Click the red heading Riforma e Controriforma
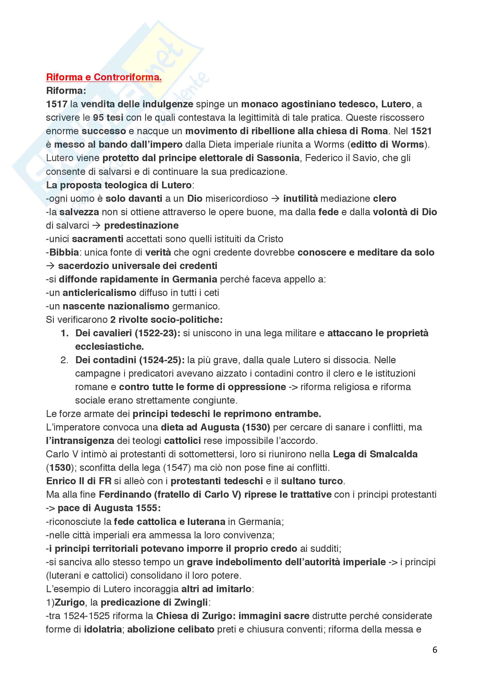click(x=104, y=77)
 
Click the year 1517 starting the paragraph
click(x=57, y=104)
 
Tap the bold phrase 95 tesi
click(x=108, y=118)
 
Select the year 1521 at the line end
click(x=421, y=131)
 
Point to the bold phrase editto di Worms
click(x=387, y=144)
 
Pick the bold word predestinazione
click(x=141, y=225)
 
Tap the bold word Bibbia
click(x=64, y=252)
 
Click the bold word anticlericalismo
click(x=99, y=293)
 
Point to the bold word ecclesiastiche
click(x=109, y=347)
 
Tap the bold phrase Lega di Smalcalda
click(x=375, y=454)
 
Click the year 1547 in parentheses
click(x=177, y=468)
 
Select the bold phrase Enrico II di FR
click(x=79, y=481)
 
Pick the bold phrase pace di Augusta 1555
click(x=109, y=508)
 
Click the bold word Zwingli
click(x=191, y=602)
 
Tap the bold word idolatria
click(x=103, y=629)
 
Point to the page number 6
click(x=435, y=650)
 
